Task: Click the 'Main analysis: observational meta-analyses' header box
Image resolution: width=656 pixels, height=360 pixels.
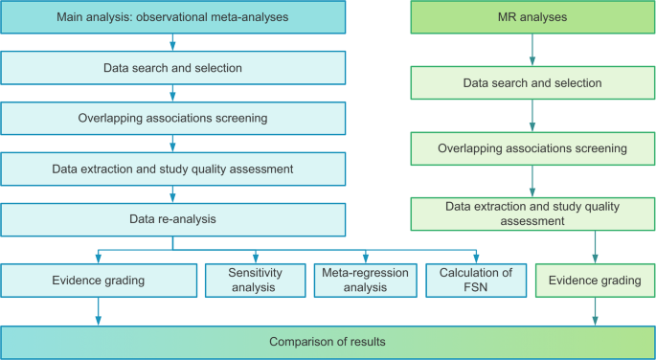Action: (x=172, y=17)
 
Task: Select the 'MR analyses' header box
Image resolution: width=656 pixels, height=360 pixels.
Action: (x=532, y=17)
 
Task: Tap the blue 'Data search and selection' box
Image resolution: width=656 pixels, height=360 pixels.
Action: (x=172, y=67)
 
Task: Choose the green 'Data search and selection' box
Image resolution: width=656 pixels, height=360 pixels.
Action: (x=532, y=83)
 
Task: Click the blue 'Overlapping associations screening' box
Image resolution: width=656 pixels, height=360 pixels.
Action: (x=172, y=118)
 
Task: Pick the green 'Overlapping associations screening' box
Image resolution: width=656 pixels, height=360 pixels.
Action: (x=532, y=148)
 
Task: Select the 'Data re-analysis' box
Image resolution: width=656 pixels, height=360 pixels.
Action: (x=172, y=218)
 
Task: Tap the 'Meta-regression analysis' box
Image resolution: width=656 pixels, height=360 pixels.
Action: (x=365, y=280)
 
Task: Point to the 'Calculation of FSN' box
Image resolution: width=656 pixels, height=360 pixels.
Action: (x=476, y=280)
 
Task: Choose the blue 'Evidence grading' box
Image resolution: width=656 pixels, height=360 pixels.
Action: (x=98, y=280)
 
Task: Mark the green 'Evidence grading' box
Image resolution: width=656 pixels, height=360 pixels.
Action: (x=596, y=281)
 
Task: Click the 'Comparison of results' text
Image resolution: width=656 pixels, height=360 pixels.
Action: (x=328, y=341)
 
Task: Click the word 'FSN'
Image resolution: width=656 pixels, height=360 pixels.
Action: (x=476, y=287)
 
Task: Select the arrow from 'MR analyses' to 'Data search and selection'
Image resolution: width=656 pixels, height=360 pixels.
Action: (x=532, y=50)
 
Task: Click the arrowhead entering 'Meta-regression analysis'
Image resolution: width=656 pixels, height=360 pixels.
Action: (x=365, y=259)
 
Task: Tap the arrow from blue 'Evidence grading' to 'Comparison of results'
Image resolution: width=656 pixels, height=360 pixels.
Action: (x=98, y=310)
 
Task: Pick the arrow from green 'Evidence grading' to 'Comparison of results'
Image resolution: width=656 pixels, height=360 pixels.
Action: (x=596, y=310)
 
